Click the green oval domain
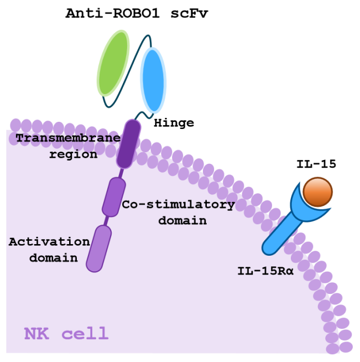click(x=113, y=62)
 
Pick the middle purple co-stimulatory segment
click(x=114, y=196)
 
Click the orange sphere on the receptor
click(x=317, y=192)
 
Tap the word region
click(x=73, y=154)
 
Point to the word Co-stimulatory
click(x=178, y=204)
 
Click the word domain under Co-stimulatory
click(x=182, y=220)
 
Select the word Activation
click(x=49, y=242)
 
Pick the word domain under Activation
click(x=53, y=258)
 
